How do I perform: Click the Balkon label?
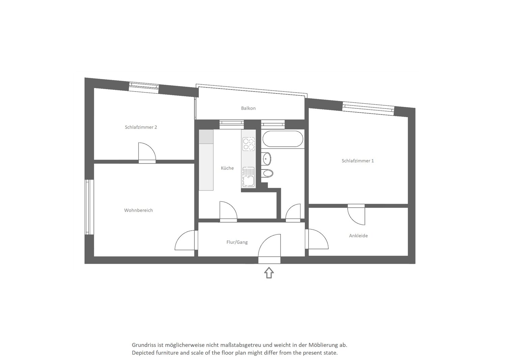[x=248, y=108]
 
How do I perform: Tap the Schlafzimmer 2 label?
[x=141, y=127]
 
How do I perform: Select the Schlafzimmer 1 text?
[x=358, y=161]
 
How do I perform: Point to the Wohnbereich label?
[x=138, y=210]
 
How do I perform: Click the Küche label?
[x=227, y=168]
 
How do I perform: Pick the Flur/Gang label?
[x=237, y=242]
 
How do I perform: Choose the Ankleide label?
[x=358, y=236]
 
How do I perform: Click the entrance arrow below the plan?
[x=269, y=273]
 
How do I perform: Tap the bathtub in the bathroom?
[x=283, y=139]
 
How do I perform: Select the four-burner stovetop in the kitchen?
[x=248, y=144]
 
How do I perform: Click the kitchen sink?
[x=248, y=177]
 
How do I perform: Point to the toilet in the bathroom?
[x=267, y=173]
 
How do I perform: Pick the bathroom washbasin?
[x=266, y=159]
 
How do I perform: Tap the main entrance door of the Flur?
[x=269, y=249]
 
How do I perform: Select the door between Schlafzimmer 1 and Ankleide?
[x=356, y=215]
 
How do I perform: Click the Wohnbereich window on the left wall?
[x=89, y=207]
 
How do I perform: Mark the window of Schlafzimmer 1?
[x=368, y=108]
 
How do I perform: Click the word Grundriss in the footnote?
[x=144, y=345]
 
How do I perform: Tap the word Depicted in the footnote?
[x=143, y=353]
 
